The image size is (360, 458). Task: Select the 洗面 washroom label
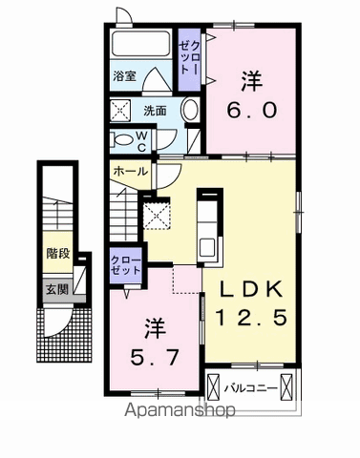(155, 110)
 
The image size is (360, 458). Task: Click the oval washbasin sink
(189, 110)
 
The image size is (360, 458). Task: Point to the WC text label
(141, 141)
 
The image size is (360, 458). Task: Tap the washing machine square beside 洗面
(122, 110)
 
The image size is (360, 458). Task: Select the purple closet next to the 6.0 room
(187, 59)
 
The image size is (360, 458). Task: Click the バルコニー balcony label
(251, 387)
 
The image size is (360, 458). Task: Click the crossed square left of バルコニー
(214, 387)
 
